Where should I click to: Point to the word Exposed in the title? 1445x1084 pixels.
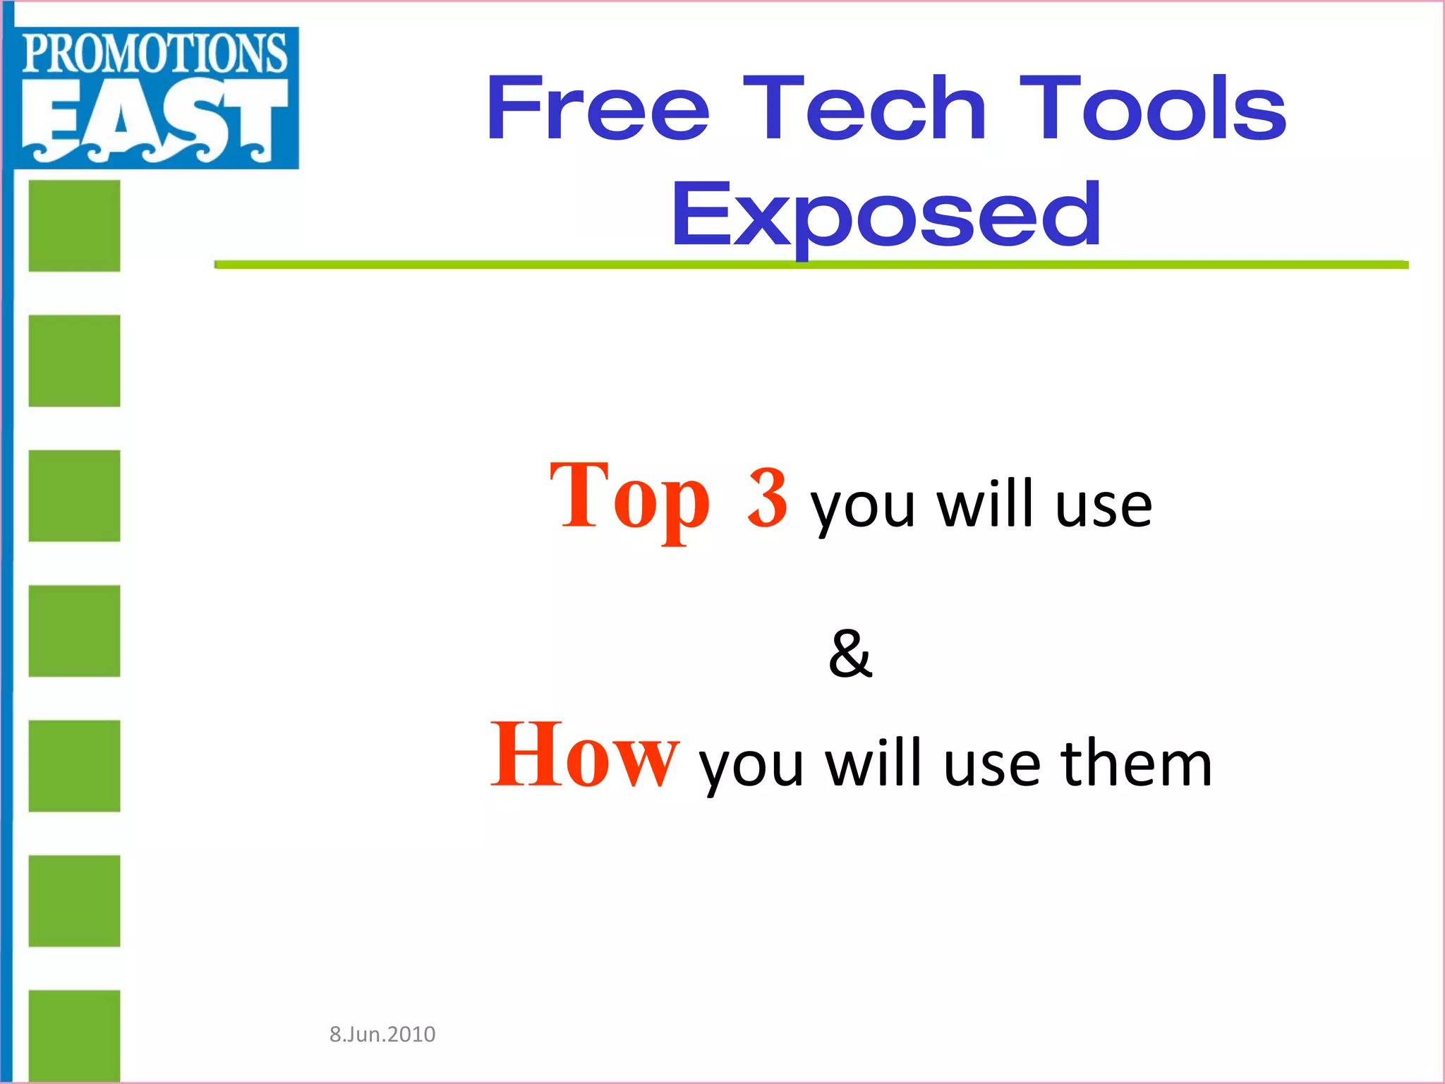click(885, 215)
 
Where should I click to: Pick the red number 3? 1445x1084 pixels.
click(767, 498)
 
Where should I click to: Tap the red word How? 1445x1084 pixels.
click(584, 757)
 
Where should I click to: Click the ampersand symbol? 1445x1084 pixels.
click(850, 654)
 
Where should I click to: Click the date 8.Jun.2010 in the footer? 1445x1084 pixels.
click(382, 1034)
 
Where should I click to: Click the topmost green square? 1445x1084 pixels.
click(74, 226)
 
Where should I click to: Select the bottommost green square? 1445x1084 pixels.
click(74, 1035)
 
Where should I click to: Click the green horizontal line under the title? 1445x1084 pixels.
click(811, 265)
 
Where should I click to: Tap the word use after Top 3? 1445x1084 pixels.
click(1104, 505)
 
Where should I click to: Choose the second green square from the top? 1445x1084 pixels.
click(74, 361)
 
